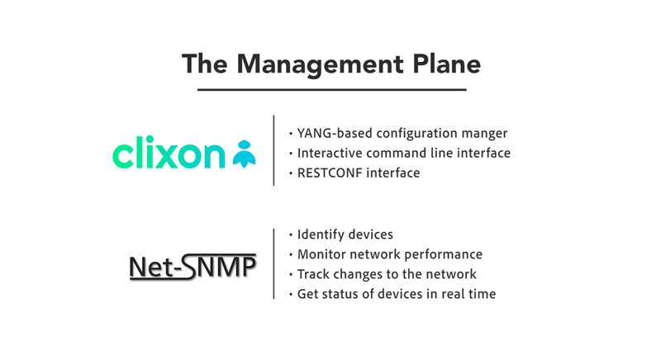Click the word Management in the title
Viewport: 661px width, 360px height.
(x=321, y=65)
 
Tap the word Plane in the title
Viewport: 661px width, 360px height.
(x=447, y=64)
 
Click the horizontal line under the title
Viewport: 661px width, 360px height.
(x=332, y=90)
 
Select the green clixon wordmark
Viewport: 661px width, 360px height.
(x=169, y=152)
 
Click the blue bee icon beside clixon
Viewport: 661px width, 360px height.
(x=244, y=154)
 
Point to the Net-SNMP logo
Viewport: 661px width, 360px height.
(x=193, y=267)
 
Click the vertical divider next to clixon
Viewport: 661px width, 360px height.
(x=273, y=150)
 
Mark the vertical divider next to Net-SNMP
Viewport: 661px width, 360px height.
(x=273, y=264)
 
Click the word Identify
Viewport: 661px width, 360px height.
(x=318, y=234)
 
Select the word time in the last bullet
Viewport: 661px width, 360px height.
(x=482, y=294)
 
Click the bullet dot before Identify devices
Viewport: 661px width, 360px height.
(x=291, y=235)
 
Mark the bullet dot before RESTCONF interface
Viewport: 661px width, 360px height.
(x=291, y=173)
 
